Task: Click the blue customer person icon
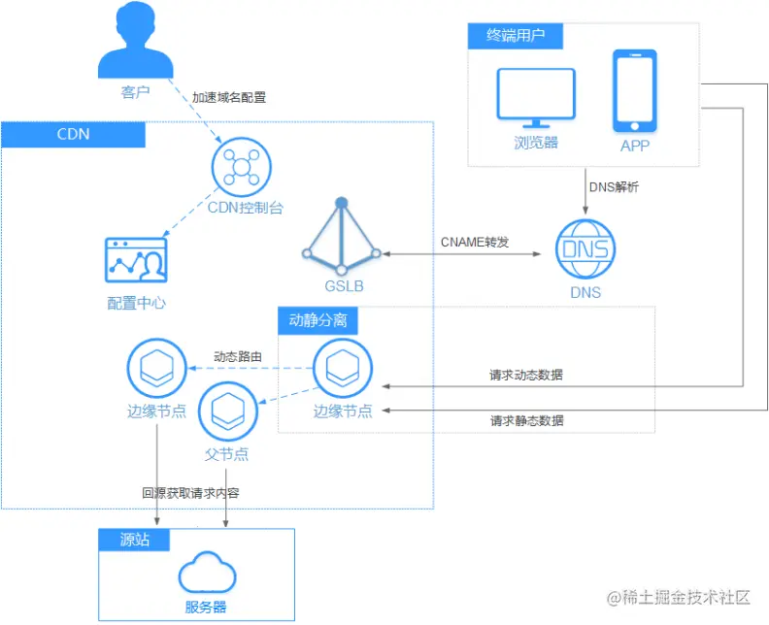[x=135, y=39]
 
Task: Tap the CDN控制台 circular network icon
[x=242, y=167]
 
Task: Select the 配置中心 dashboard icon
[x=136, y=260]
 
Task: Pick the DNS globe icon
[x=585, y=249]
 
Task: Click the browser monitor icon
[x=536, y=98]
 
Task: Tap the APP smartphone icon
[x=635, y=90]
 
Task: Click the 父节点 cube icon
[x=228, y=411]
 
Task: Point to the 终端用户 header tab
[x=516, y=36]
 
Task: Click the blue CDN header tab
[x=73, y=134]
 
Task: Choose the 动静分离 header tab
[x=318, y=320]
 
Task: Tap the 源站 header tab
[x=134, y=540]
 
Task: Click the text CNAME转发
[x=475, y=243]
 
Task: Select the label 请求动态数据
[x=526, y=375]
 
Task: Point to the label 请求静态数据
[x=526, y=420]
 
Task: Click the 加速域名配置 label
[x=229, y=98]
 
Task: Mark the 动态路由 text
[x=238, y=357]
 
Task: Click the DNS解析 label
[x=614, y=187]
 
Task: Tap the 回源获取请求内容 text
[x=190, y=493]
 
